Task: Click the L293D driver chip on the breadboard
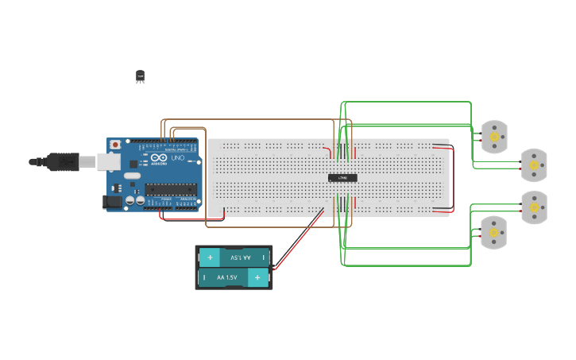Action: tap(342, 177)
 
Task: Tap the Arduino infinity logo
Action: tap(159, 158)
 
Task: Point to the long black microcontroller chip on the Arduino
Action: tap(170, 189)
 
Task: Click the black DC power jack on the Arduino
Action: tap(113, 202)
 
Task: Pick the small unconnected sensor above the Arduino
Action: tap(141, 76)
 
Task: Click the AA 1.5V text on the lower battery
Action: tap(226, 277)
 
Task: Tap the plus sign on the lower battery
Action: tap(257, 277)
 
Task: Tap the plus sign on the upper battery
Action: tap(211, 257)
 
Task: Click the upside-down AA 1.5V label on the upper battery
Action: tap(240, 257)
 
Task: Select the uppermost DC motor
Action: tap(494, 137)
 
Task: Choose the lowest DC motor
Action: tap(493, 233)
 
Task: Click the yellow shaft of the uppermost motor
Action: tap(494, 137)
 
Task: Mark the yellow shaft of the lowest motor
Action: tap(493, 233)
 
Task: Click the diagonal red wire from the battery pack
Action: tap(299, 239)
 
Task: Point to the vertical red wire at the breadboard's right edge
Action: tap(452, 179)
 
